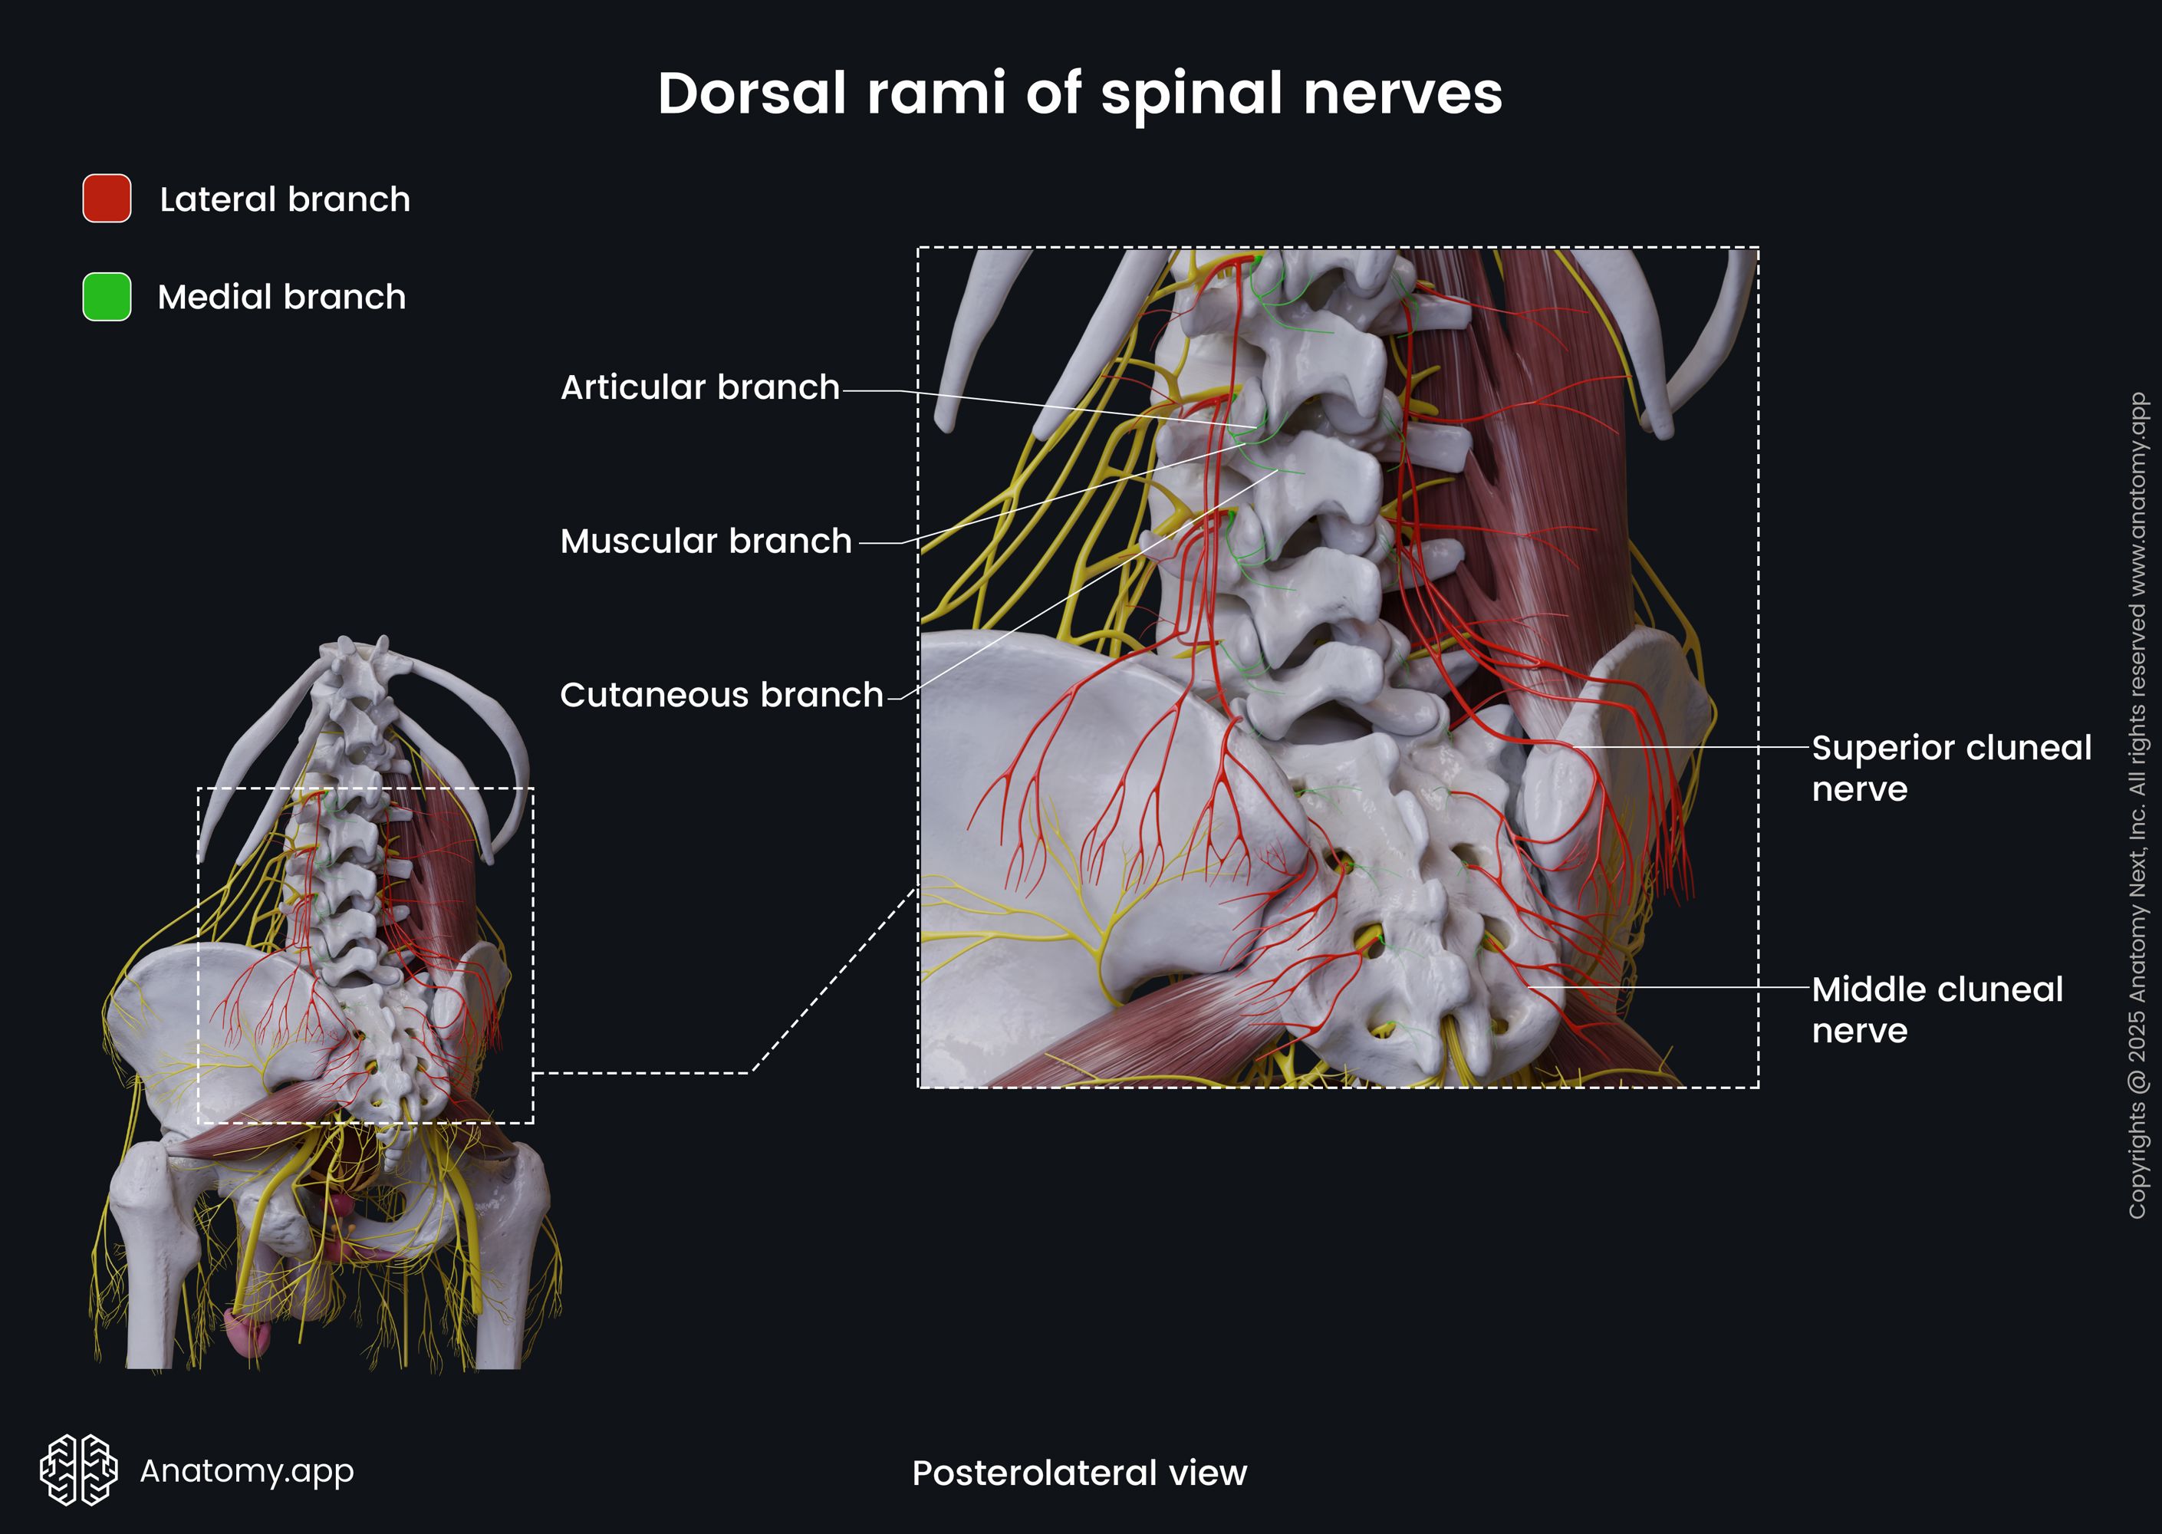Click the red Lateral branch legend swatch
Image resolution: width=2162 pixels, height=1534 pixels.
click(107, 199)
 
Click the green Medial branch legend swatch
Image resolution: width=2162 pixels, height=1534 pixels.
click(107, 297)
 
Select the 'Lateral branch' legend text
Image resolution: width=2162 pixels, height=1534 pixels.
click(285, 199)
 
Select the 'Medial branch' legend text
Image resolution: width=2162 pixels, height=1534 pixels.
click(281, 298)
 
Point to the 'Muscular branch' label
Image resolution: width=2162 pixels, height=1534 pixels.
click(706, 542)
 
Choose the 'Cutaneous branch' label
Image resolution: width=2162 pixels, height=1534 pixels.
click(721, 695)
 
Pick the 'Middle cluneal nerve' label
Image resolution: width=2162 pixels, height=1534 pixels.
click(1937, 1009)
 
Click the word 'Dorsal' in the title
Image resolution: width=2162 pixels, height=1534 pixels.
click(752, 94)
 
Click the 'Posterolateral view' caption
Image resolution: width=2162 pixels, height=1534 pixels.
click(1078, 1473)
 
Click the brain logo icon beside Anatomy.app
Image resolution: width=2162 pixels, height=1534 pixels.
click(78, 1470)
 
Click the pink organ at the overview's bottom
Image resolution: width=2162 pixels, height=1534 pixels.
click(248, 1332)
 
